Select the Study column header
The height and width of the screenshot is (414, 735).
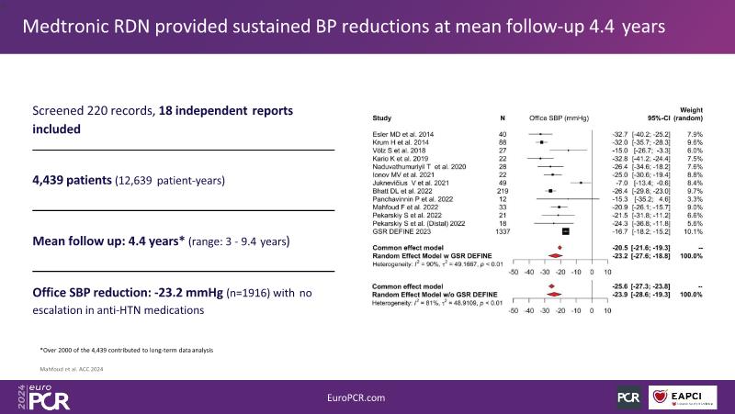point(381,118)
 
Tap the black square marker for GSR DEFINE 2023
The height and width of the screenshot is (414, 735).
point(566,231)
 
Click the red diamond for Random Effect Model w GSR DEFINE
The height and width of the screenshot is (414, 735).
point(554,257)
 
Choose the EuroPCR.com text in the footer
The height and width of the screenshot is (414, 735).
point(367,396)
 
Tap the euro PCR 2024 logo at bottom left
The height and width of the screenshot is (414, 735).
point(31,396)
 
